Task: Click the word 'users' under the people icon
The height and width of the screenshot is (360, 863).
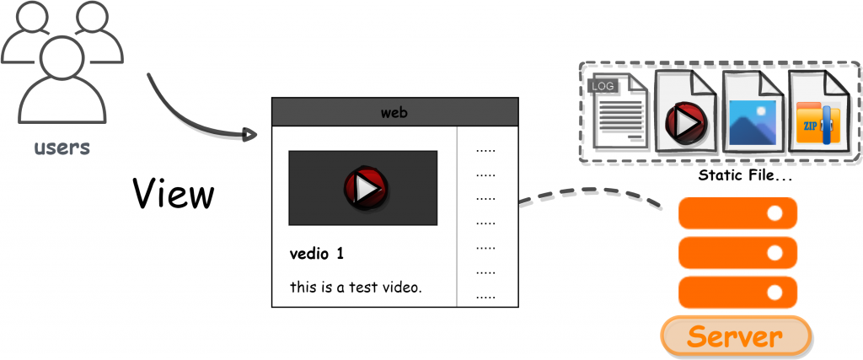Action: coord(61,148)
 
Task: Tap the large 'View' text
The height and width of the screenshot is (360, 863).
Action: coord(174,194)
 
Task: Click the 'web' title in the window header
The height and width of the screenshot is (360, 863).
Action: coord(394,112)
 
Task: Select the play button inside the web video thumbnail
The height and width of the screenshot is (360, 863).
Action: coord(363,188)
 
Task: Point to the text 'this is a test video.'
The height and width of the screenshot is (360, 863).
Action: coord(355,287)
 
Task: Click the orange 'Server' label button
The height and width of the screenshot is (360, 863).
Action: coord(735,336)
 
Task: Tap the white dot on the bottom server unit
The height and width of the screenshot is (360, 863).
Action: coord(775,292)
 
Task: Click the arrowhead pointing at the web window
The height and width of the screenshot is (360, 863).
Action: coord(249,134)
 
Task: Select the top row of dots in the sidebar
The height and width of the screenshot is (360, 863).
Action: coord(485,151)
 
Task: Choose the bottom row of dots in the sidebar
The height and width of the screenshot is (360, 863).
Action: coord(485,297)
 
